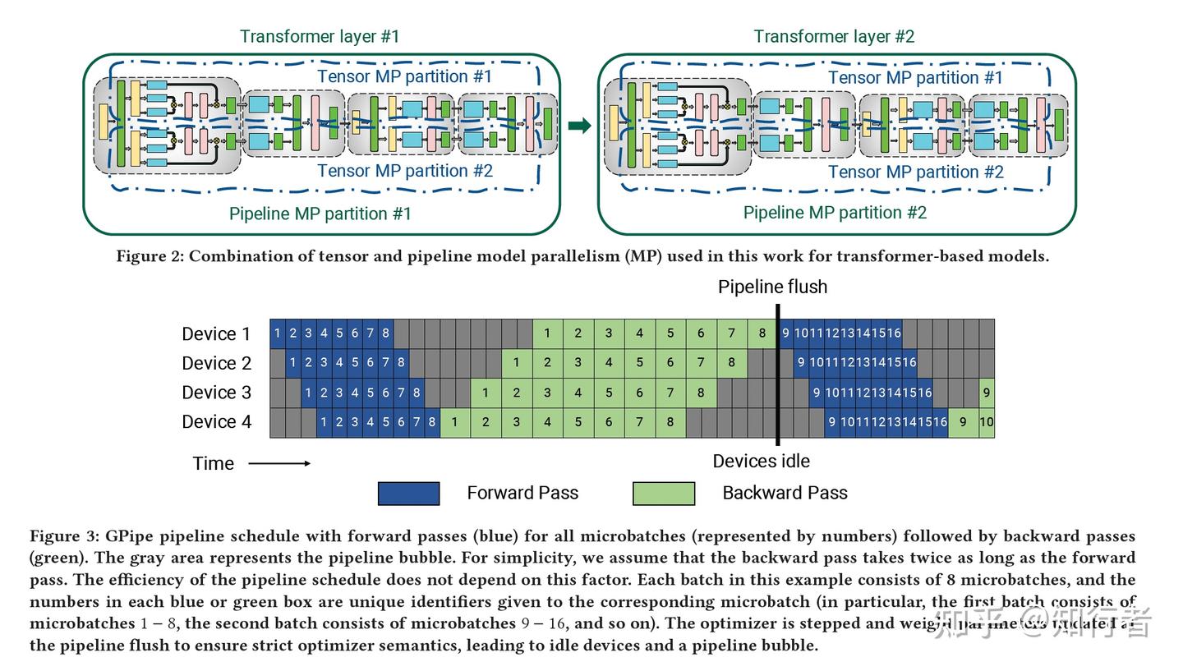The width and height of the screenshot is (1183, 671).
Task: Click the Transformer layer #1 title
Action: click(x=320, y=36)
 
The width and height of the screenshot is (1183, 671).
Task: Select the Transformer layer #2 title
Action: click(x=834, y=36)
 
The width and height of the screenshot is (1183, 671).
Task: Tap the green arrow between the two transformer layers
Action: click(x=579, y=126)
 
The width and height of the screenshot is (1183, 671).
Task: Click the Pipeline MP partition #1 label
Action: click(x=320, y=214)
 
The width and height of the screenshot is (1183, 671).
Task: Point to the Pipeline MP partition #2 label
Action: click(x=835, y=213)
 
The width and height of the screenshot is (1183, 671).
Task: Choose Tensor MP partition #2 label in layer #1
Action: click(x=404, y=171)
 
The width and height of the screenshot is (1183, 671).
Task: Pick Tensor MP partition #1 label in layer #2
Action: click(x=915, y=77)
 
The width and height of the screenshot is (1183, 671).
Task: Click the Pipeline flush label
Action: click(x=772, y=287)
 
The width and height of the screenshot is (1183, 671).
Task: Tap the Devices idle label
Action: click(x=761, y=461)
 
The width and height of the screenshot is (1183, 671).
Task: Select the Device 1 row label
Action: click(x=216, y=333)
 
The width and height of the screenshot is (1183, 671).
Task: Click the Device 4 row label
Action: click(x=216, y=422)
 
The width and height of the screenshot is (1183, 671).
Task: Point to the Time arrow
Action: click(x=279, y=463)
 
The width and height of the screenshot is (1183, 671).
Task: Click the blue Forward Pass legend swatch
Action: click(x=408, y=494)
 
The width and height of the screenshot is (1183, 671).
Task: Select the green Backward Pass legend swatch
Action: click(x=664, y=494)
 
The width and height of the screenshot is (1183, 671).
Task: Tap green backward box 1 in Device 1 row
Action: click(x=547, y=333)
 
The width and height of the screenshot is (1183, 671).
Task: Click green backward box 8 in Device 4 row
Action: click(x=670, y=422)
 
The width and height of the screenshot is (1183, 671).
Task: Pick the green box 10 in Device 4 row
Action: click(x=987, y=422)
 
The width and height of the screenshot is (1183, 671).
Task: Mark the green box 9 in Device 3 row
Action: click(x=987, y=393)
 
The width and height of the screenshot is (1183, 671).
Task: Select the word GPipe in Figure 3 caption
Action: click(x=130, y=536)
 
